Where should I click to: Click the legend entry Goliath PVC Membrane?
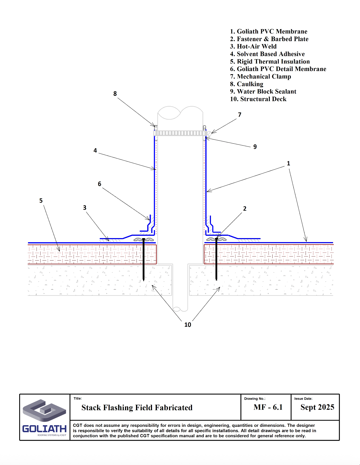(269, 31)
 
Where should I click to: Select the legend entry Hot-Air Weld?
(253, 46)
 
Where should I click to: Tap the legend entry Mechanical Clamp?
(261, 77)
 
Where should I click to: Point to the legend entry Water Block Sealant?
(263, 92)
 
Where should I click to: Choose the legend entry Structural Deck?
(258, 99)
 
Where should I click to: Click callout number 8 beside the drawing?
(115, 94)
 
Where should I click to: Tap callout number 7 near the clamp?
(239, 115)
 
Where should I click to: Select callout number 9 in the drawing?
(255, 147)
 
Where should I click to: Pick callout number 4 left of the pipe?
(95, 151)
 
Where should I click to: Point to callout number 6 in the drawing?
(99, 184)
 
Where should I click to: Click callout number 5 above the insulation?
(41, 201)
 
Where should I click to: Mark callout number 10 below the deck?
(188, 325)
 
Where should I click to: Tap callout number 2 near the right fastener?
(245, 209)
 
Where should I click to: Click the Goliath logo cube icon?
(44, 410)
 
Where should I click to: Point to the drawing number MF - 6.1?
(268, 407)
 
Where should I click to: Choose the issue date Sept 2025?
(317, 407)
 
